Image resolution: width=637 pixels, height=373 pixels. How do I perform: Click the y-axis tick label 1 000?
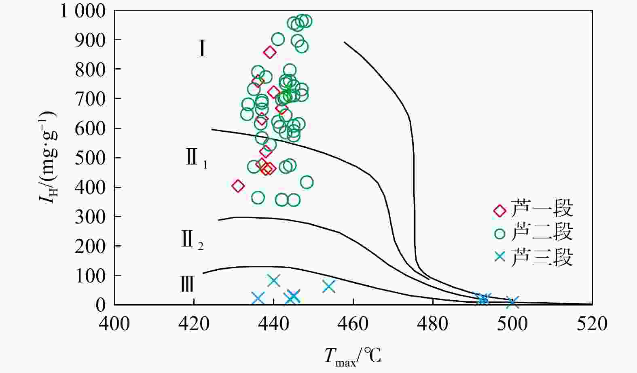pos(83,11)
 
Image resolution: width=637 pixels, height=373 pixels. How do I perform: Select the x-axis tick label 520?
pos(592,324)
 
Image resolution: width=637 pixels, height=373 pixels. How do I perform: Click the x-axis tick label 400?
pos(114,324)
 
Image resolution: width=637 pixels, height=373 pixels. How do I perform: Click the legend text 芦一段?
pos(542,209)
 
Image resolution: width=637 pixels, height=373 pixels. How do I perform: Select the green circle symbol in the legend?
pos(500,233)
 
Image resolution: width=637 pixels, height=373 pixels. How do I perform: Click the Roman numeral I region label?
pos(202,48)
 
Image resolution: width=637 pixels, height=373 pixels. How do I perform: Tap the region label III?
pos(187,284)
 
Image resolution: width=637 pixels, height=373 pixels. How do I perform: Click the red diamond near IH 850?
pos(270,52)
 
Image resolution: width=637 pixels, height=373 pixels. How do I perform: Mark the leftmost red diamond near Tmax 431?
pos(238,186)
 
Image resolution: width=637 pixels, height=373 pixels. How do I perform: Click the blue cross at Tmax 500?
pos(512,302)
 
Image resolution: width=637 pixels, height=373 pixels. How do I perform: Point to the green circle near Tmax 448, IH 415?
pos(307,182)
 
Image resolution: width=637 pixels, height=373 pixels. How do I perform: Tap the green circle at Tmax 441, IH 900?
pos(278,39)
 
